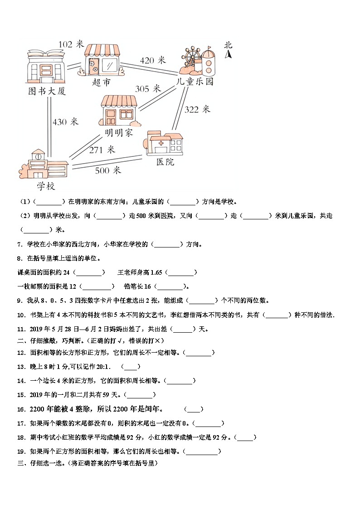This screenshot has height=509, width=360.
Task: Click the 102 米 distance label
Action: (71, 44)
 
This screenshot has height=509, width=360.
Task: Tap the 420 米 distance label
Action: (153, 60)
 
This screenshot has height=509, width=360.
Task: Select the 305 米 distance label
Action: (148, 89)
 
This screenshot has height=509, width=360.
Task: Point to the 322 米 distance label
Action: (197, 109)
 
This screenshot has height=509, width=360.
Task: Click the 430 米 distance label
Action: (65, 122)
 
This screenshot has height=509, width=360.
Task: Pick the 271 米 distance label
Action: (102, 150)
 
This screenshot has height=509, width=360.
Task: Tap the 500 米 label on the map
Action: (108, 170)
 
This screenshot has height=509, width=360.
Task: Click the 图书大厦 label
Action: (47, 91)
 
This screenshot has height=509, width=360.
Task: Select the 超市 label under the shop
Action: (101, 82)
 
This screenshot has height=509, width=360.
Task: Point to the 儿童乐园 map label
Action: (195, 82)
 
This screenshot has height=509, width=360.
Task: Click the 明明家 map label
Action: (118, 133)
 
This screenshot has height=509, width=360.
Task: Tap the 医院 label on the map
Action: (165, 162)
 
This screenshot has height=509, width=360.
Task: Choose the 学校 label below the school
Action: (46, 186)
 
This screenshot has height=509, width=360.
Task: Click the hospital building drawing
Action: (164, 144)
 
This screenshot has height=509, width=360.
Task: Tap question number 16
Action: (20, 409)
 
